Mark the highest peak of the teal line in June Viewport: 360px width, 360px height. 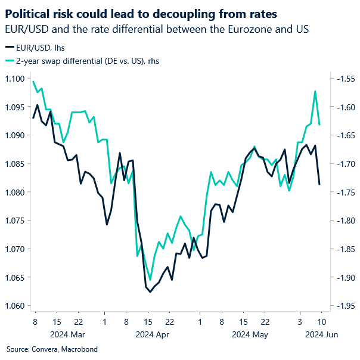315,91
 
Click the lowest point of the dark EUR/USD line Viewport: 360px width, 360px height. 150,292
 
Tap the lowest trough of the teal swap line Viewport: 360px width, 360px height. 150,280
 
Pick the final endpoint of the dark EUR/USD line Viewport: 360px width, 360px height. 319,184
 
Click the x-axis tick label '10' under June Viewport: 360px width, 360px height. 321,322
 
